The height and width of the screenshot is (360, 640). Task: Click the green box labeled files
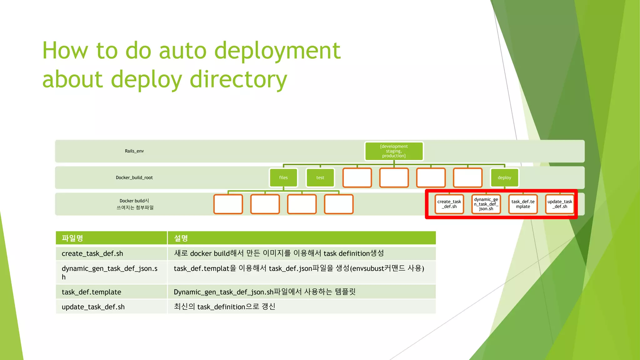click(283, 177)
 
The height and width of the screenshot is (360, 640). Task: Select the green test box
click(320, 177)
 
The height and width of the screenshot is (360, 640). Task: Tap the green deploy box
click(504, 177)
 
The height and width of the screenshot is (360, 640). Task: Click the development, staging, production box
click(394, 151)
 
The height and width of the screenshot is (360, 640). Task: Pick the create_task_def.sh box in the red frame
click(449, 204)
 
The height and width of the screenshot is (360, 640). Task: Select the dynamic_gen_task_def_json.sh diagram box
click(486, 204)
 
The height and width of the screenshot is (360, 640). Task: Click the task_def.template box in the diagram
click(523, 204)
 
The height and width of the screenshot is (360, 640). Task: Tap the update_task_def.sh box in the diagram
click(560, 204)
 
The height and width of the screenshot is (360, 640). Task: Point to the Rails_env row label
click(134, 151)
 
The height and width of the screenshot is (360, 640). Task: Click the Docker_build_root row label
click(134, 177)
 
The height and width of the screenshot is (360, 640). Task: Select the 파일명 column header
click(72, 238)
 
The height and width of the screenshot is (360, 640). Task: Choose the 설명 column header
click(181, 238)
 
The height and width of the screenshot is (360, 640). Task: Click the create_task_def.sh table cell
click(92, 253)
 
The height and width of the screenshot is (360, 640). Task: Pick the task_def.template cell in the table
click(92, 292)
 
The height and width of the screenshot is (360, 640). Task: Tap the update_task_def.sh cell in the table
click(93, 307)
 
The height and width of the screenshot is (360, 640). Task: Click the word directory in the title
click(238, 79)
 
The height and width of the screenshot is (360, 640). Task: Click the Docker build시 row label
click(134, 204)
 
